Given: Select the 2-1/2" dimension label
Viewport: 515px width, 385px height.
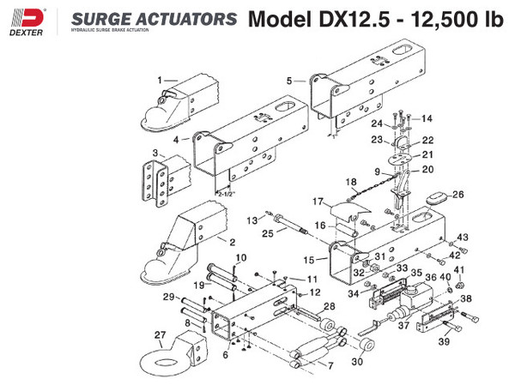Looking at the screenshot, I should pyautogui.click(x=228, y=194).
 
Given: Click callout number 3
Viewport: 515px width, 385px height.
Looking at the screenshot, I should pyautogui.click(x=155, y=153).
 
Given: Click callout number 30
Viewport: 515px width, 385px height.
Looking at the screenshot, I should pyautogui.click(x=357, y=362).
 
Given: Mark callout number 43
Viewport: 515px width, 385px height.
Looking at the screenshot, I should pyautogui.click(x=461, y=237).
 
